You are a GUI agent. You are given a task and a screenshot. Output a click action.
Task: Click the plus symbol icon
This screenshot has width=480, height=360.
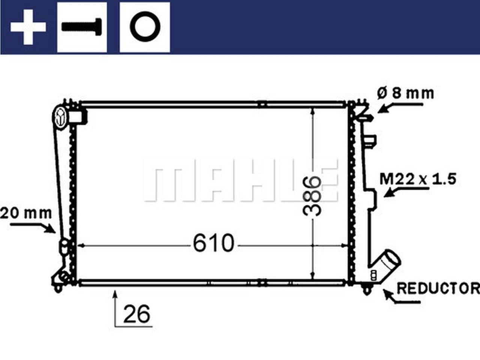click(x=28, y=27)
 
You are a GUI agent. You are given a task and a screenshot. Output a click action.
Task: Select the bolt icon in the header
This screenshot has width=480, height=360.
click(x=82, y=27)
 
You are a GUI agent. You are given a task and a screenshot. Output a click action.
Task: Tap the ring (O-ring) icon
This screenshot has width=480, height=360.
click(x=145, y=27)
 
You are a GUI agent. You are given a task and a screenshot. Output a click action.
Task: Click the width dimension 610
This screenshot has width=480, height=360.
click(x=213, y=243)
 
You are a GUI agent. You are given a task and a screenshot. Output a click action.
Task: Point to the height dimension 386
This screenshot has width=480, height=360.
click(x=312, y=195)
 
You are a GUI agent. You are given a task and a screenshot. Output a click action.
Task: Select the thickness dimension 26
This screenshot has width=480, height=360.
click(x=136, y=314)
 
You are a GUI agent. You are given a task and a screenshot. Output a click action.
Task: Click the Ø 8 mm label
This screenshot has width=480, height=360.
click(x=405, y=93)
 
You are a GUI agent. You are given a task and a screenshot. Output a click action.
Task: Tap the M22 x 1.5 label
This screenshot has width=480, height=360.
click(x=418, y=179)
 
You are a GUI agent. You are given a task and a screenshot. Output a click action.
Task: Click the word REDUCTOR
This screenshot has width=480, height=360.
click(x=438, y=288)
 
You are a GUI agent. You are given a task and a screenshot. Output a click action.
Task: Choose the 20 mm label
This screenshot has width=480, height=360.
click(x=26, y=213)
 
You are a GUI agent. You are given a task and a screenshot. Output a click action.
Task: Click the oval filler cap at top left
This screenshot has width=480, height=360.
click(x=61, y=116)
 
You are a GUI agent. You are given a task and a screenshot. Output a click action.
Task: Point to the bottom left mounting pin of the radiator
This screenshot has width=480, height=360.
click(x=58, y=288)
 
